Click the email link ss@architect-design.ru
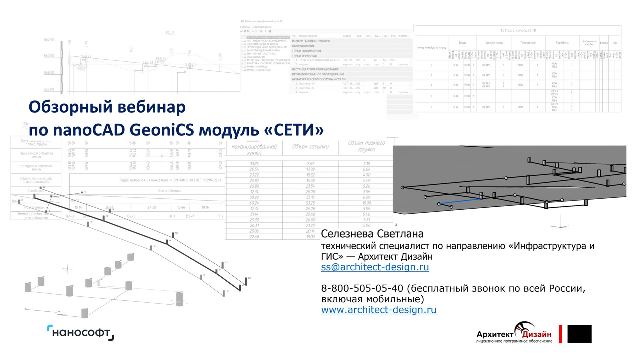(375, 267)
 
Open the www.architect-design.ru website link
(379, 310)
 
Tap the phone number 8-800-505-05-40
(362, 288)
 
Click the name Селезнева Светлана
(372, 234)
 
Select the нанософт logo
(80, 333)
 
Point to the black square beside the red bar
(579, 334)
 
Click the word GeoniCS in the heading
(162, 130)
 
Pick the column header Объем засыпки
(310, 147)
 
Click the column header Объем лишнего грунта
(366, 146)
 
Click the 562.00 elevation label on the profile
(49, 40)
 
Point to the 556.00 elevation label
(49, 89)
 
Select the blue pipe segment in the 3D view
(460, 201)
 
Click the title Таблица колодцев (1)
(518, 30)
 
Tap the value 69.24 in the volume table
(254, 203)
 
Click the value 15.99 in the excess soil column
(366, 203)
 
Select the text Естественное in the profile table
(170, 191)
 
